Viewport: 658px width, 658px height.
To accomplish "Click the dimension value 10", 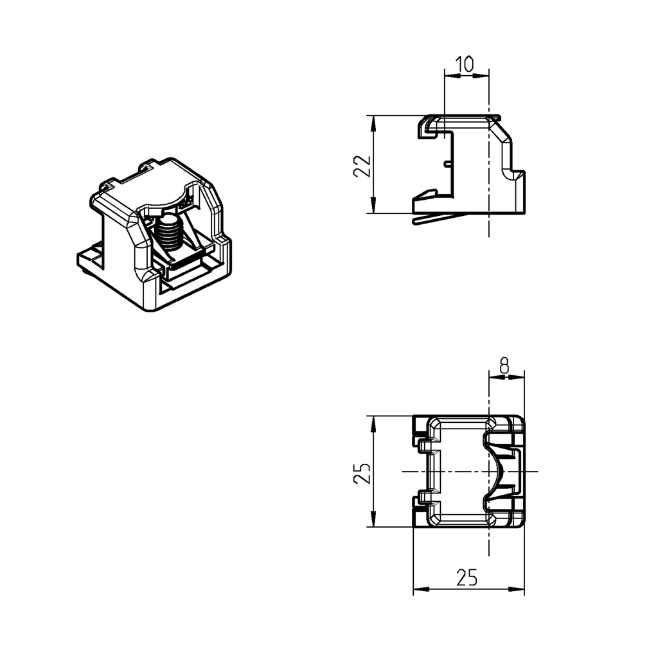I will (x=465, y=64).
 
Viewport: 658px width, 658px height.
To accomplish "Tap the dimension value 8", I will (x=504, y=366).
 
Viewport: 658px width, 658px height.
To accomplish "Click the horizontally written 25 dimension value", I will (x=467, y=578).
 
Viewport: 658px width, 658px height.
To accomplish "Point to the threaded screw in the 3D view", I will (x=170, y=234).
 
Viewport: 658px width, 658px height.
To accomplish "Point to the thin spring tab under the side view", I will (x=437, y=218).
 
